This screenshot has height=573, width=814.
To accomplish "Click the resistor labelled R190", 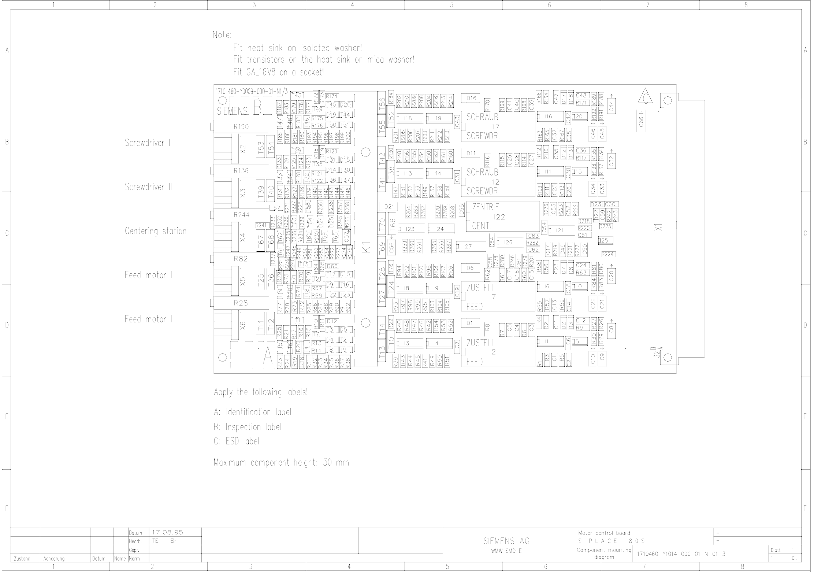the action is click(241, 127).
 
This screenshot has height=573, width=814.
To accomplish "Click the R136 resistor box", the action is click(241, 171).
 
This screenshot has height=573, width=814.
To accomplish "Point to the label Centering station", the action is click(156, 231).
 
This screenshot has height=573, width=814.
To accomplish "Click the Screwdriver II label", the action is click(148, 187).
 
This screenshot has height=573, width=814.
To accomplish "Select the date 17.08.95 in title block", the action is click(167, 532).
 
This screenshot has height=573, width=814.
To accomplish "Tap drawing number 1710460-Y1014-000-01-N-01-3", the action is click(681, 554).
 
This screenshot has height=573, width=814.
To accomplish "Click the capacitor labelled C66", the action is click(641, 120).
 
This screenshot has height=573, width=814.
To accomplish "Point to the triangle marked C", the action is click(645, 97).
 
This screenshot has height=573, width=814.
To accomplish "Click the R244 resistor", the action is click(241, 215).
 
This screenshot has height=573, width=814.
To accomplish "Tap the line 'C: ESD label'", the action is click(236, 441).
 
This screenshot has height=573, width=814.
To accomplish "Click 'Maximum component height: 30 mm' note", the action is click(281, 463).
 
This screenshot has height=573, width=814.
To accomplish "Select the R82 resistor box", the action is click(241, 259).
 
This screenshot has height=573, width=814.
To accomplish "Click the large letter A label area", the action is click(267, 356).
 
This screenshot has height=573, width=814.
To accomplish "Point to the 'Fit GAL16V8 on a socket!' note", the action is click(278, 72).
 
